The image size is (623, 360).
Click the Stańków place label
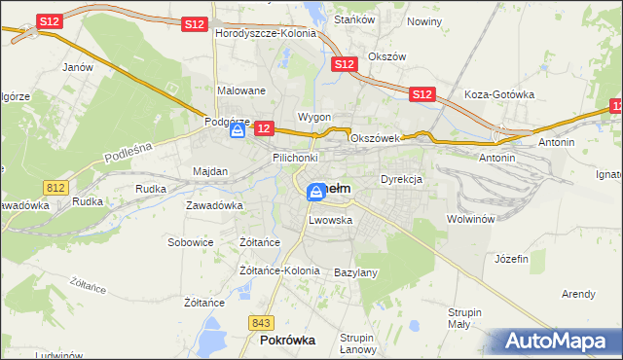tap(354, 18)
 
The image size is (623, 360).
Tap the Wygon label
tap(314, 117)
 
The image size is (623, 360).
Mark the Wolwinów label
tap(472, 219)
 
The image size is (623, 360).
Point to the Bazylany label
tap(355, 273)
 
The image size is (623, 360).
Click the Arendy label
tap(578, 294)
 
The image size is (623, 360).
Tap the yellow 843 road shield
tap(261, 322)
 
